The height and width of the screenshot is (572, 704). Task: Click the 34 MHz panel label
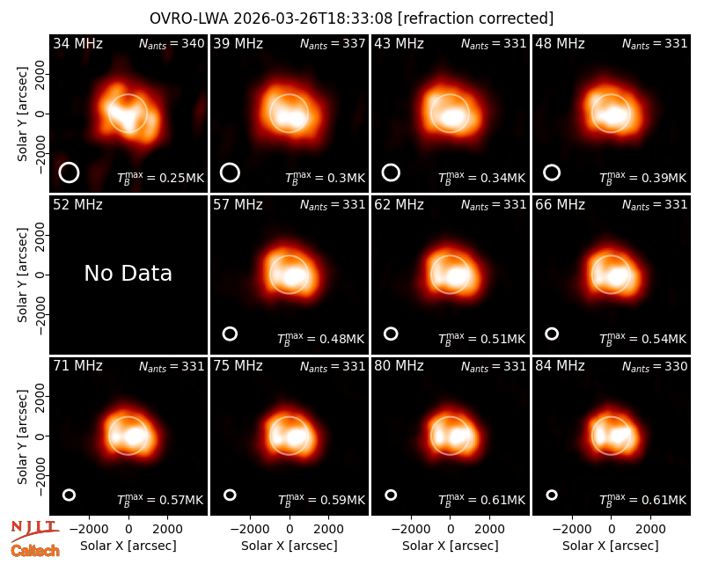click(x=77, y=43)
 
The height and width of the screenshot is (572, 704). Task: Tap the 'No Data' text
click(x=128, y=273)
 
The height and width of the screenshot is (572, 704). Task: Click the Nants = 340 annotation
click(x=172, y=43)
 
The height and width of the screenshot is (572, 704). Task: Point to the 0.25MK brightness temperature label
click(x=161, y=178)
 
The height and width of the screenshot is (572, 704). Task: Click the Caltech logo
click(x=35, y=551)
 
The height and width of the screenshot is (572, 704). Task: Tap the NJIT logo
click(x=34, y=531)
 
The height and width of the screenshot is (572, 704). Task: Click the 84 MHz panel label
click(x=560, y=366)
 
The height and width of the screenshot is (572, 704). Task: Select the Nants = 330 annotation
click(x=655, y=366)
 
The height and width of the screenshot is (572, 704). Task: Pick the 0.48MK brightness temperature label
click(x=320, y=339)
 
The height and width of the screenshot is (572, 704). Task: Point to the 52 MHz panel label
click(x=77, y=205)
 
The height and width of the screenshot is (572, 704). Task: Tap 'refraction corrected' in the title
click(x=476, y=18)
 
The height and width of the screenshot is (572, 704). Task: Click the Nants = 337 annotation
click(x=333, y=43)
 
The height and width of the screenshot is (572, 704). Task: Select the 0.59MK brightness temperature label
click(x=321, y=500)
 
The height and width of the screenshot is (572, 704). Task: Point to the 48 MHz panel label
click(x=560, y=43)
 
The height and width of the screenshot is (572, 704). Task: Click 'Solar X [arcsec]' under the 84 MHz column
click(x=611, y=546)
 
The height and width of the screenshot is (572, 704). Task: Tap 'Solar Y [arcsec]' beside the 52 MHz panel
click(x=23, y=275)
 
